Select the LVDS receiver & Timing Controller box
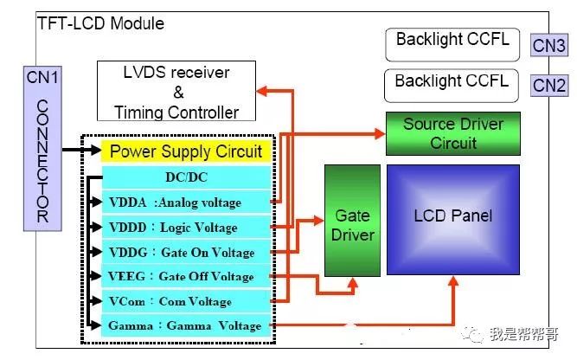(x=176, y=90)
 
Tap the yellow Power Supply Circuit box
(x=186, y=151)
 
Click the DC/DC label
(x=186, y=177)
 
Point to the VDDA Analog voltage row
(x=186, y=202)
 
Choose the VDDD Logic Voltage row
(x=186, y=228)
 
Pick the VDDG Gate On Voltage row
(x=186, y=252)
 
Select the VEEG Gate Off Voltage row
(x=186, y=277)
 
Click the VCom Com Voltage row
(x=186, y=301)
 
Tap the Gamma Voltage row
(x=186, y=326)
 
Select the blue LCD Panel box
(x=452, y=215)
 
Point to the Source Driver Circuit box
(x=452, y=133)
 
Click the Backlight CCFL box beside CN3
(x=452, y=42)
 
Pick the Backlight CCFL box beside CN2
(x=452, y=85)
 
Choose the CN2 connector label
(x=549, y=85)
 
